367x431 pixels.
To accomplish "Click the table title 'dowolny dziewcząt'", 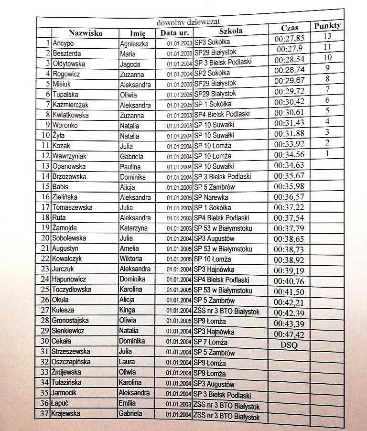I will coord(188,22).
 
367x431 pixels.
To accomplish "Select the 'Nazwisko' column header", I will coord(85,33).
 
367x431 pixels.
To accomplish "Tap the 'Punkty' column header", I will coord(327,26).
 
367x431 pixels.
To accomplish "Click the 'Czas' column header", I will coord(290,28).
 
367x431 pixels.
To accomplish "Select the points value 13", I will coord(327,36).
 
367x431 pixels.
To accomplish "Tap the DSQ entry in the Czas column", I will coord(289,345).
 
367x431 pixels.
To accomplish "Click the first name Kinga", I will coord(127,310).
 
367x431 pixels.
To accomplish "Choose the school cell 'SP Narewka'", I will coord(211,197).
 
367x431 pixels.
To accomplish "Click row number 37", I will coord(44,414).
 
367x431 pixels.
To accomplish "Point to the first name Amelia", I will coord(129,248).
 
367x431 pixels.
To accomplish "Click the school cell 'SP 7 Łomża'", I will coord(210,342).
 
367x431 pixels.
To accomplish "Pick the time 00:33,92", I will coord(290,144).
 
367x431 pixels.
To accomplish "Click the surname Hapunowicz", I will coord(73,279).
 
